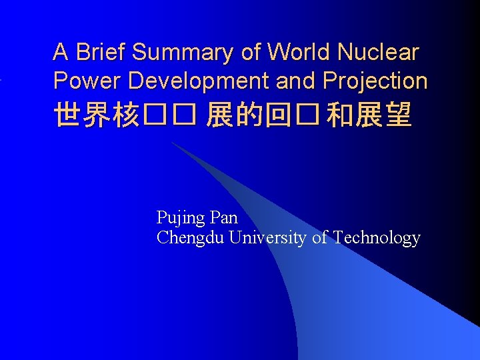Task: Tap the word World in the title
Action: click(299, 52)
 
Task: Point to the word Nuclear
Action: click(378, 52)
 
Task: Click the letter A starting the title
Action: click(61, 52)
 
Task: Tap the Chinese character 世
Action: click(68, 115)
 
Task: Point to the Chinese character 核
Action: click(127, 115)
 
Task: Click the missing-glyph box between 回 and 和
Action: click(307, 115)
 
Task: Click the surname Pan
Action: click(223, 217)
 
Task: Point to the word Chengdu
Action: click(190, 238)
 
